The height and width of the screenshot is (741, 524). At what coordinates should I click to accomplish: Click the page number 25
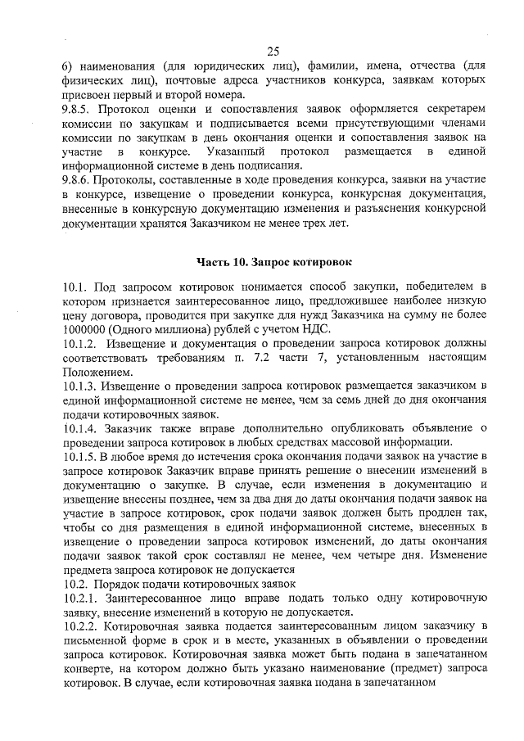coord(273,51)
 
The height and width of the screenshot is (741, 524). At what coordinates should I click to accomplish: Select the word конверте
coord(87,669)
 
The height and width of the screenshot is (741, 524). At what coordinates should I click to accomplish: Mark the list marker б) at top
coord(68,66)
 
